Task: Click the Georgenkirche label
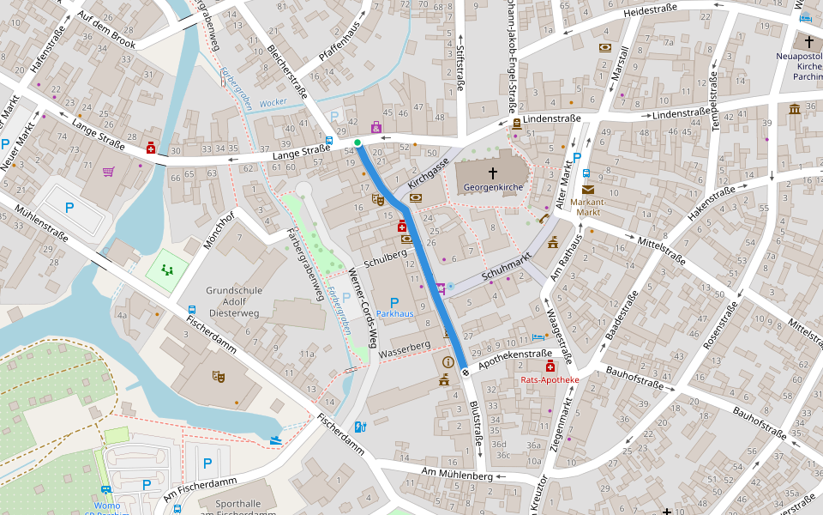[492, 186]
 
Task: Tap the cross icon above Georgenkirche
[492, 173]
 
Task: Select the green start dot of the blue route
[357, 142]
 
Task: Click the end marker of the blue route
[465, 372]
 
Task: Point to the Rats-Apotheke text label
[550, 379]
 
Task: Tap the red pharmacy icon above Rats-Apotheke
[550, 367]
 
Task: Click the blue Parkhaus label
[394, 314]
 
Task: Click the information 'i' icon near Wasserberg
[447, 362]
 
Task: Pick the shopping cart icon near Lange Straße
[109, 171]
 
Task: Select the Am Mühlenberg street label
[457, 473]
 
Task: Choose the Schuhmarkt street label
[508, 270]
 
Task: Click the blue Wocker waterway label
[273, 102]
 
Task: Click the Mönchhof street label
[219, 230]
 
